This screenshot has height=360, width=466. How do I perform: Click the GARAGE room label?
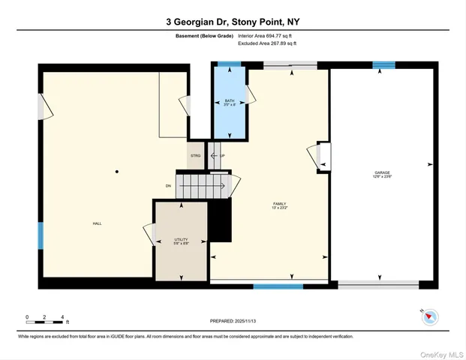[382, 174]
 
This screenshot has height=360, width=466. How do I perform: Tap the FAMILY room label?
[280, 205]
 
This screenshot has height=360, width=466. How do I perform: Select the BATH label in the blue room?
[230, 102]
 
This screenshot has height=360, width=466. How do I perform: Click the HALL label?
[97, 223]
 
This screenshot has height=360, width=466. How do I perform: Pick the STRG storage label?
[195, 155]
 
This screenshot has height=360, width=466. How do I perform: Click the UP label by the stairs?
[222, 155]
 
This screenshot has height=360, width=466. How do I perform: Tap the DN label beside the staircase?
[169, 185]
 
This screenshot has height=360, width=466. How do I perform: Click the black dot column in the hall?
[116, 172]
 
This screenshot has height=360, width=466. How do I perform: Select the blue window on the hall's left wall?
[41, 235]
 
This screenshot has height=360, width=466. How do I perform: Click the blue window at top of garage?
[383, 65]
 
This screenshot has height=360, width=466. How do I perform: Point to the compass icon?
[429, 317]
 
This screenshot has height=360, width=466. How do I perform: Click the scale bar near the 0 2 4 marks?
[45, 322]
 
